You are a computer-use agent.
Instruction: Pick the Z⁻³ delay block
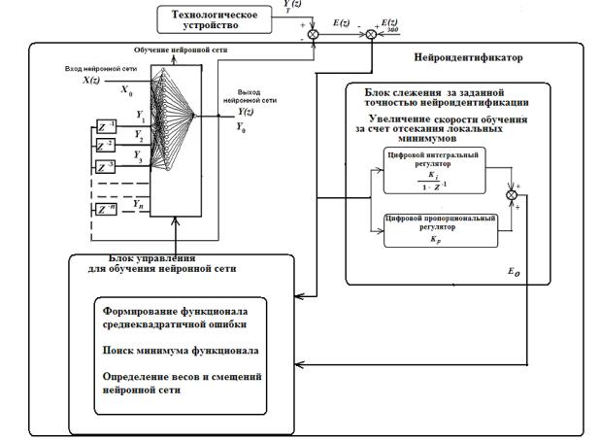point(108,168)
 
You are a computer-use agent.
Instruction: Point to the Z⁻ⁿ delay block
point(108,208)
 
